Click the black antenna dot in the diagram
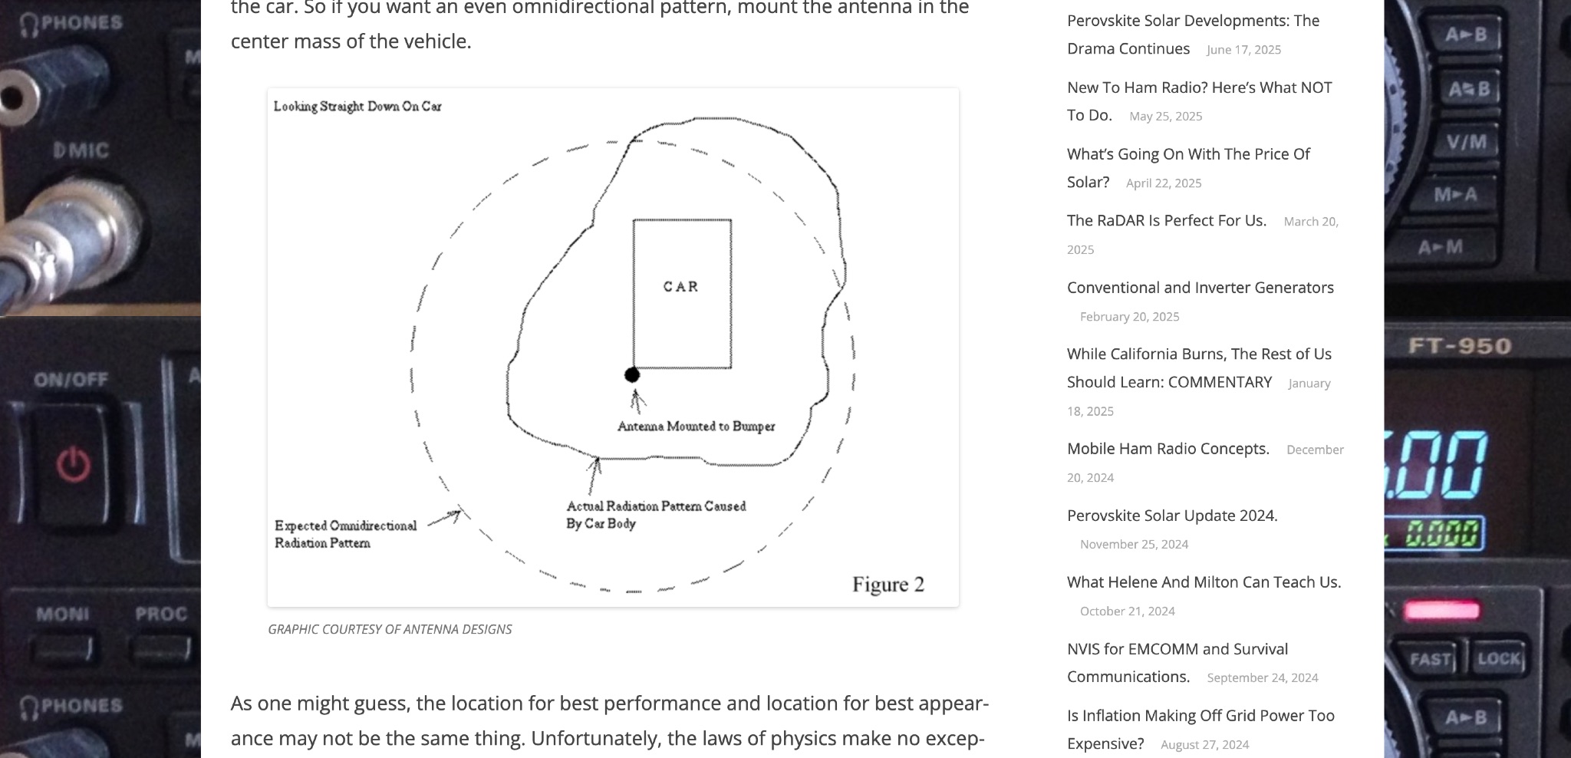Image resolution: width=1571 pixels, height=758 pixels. click(631, 374)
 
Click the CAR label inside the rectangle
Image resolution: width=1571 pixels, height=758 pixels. click(680, 287)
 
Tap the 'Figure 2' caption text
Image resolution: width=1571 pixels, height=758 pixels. click(888, 585)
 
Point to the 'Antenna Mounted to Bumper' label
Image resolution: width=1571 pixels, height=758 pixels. click(696, 427)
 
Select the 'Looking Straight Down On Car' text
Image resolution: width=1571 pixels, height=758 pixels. click(357, 107)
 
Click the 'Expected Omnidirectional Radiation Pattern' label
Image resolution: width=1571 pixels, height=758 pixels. click(345, 534)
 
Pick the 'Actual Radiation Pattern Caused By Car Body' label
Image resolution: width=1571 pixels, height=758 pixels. click(655, 515)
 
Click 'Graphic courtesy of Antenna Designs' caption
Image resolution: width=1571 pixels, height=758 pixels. click(390, 629)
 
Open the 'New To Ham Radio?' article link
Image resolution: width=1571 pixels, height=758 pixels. click(1199, 88)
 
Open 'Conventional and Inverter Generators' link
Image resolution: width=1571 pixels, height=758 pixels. click(1200, 288)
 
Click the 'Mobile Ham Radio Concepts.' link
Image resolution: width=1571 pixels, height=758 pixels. click(1168, 449)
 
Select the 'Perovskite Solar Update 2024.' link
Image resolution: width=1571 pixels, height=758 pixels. click(1171, 516)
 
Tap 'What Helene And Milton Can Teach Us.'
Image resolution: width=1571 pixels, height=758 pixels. click(1204, 582)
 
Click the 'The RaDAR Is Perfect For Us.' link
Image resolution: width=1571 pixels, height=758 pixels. click(1166, 221)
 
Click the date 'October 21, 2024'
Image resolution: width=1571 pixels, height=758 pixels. click(1127, 611)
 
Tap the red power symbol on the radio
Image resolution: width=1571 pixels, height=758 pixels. click(74, 466)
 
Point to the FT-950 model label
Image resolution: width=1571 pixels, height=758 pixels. click(1459, 346)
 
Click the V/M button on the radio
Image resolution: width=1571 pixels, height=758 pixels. click(1466, 143)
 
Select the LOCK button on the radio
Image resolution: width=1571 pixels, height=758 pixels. click(1498, 659)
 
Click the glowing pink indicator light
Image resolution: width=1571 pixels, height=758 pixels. click(1441, 611)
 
